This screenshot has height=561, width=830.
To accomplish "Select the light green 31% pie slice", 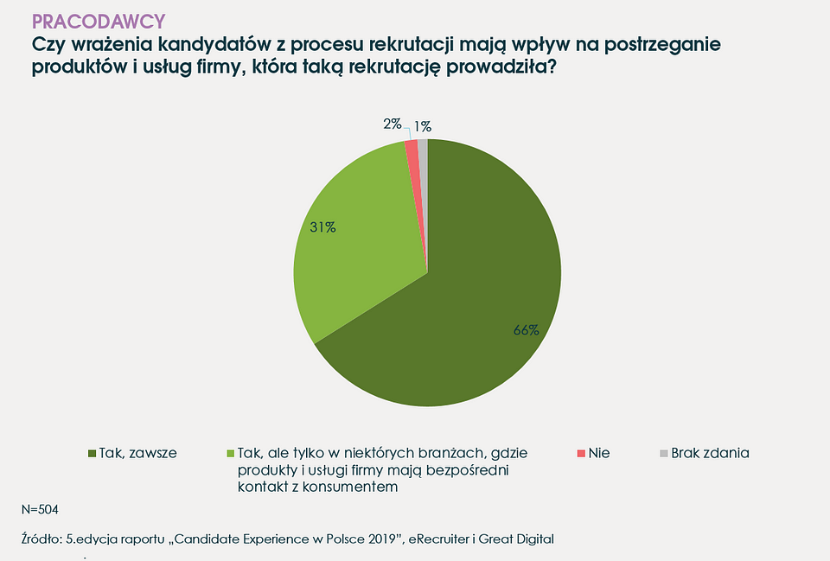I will pos(354,251).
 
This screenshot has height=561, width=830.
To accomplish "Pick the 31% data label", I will pos(322,227).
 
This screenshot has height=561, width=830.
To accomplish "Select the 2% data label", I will pos(393,124).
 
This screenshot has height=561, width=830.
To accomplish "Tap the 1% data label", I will pos(423,126).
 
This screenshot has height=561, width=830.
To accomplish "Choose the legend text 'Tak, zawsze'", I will pos(138,453).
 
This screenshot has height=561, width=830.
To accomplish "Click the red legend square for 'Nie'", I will pos(581,453).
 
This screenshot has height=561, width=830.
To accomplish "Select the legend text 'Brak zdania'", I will pos(710,453).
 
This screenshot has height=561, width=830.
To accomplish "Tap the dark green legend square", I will pos(93,453).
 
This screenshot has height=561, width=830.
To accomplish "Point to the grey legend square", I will pos(663,453).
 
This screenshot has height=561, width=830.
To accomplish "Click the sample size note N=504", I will pos(40,509).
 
